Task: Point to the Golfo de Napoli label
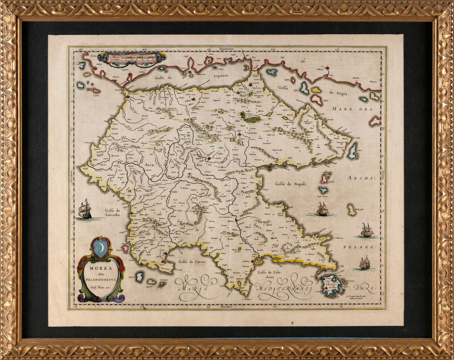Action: [x=291, y=184]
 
